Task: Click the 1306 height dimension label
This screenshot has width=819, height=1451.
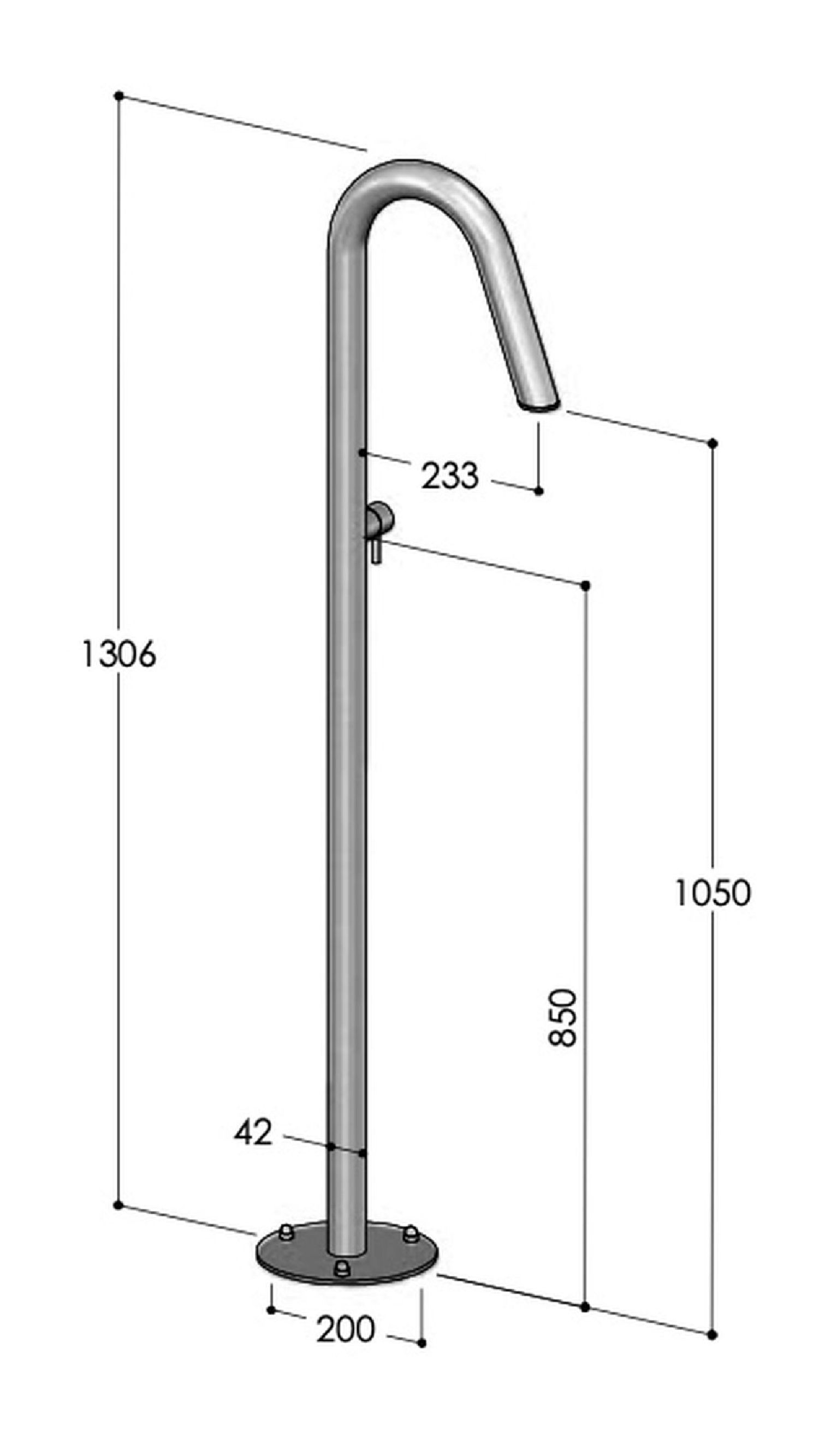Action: [x=119, y=655]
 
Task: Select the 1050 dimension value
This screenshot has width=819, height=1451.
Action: [x=713, y=894]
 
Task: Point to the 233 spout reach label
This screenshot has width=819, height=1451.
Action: [x=450, y=476]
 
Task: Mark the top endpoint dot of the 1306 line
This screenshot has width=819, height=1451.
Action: [x=118, y=96]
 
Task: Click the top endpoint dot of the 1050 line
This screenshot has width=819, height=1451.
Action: [x=713, y=443]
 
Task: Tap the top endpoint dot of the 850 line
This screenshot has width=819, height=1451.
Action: [x=585, y=586]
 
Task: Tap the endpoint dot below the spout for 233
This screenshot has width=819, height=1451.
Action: [x=538, y=491]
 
